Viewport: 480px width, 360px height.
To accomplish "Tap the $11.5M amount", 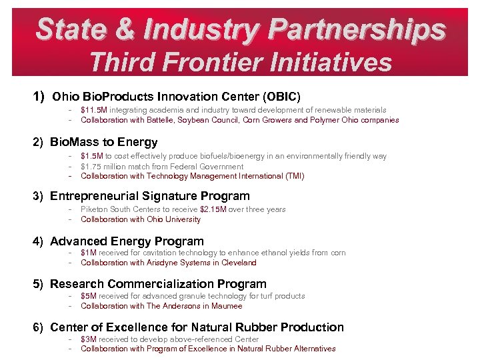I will (x=93, y=110).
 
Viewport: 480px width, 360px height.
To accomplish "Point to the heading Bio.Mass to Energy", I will (x=103, y=142).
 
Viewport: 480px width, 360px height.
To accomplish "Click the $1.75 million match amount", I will (x=101, y=167).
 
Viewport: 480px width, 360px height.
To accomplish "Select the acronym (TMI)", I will (x=292, y=176).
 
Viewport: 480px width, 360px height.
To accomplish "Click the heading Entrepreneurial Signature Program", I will (x=149, y=196).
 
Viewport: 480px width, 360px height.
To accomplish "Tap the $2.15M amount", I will (x=215, y=209).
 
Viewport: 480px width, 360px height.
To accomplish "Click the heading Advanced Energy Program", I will (x=127, y=241).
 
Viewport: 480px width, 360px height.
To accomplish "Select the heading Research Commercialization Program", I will (x=158, y=284).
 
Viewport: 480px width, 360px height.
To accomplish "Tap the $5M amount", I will (x=89, y=296).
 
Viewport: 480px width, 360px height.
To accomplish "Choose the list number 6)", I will (x=40, y=327).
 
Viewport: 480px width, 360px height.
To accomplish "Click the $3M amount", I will (x=89, y=339).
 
